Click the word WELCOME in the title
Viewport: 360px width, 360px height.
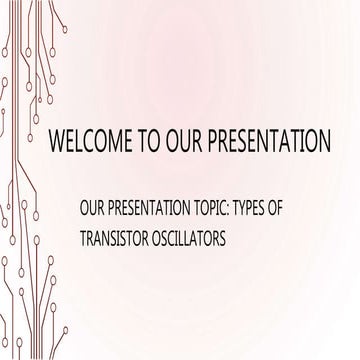pyautogui.click(x=84, y=139)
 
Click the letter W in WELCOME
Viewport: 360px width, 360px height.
pyautogui.click(x=58, y=139)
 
